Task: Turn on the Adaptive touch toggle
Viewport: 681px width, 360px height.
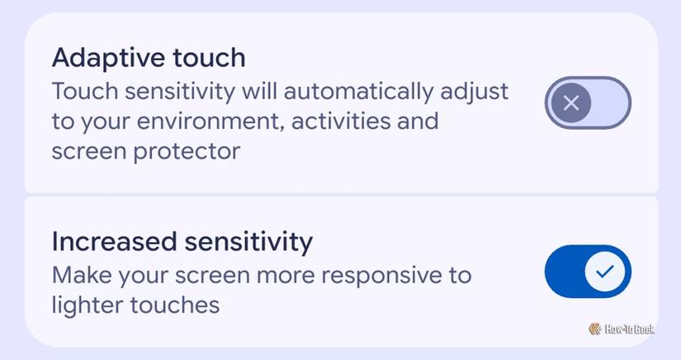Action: tap(588, 103)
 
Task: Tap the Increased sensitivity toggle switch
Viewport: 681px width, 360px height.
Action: tap(588, 271)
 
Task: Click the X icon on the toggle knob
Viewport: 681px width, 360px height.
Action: tap(570, 103)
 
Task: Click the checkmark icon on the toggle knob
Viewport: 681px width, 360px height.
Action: tap(606, 271)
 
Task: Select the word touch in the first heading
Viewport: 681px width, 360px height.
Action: tap(210, 59)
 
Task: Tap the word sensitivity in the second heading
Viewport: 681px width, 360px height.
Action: tap(248, 242)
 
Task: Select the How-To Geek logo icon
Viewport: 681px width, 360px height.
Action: tap(594, 329)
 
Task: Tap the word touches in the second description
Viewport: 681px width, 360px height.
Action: tap(177, 305)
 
